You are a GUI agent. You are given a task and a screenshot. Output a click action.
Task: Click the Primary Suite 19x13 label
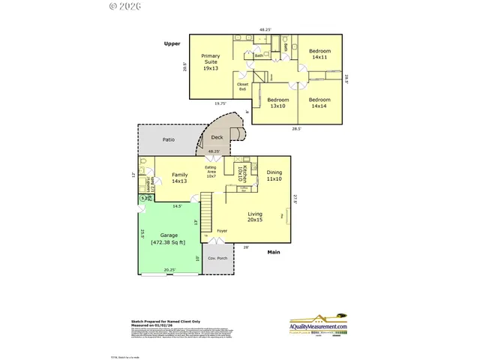pos(210,62)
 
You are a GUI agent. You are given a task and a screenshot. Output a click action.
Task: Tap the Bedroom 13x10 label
pos(277,102)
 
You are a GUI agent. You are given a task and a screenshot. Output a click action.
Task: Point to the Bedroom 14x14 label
pos(320,102)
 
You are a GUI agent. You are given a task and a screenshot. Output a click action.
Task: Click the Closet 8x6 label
pos(242,87)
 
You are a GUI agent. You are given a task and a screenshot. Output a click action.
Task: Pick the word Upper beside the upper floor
pos(172,44)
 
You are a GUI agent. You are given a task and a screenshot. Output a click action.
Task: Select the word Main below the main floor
pos(274,252)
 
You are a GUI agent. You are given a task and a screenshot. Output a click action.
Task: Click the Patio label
pos(170,140)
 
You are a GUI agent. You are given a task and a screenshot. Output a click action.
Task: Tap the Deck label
pos(217,137)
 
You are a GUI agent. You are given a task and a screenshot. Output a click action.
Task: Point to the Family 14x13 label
pos(179,177)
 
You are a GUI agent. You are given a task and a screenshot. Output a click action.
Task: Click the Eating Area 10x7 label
pos(211,173)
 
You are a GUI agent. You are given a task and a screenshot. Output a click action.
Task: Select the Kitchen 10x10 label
pos(241,175)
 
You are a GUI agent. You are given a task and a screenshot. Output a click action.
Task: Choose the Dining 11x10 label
pos(274,176)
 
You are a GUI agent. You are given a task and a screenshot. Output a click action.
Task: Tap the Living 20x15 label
pos(255,217)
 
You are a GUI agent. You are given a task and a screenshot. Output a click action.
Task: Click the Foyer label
pos(222,230)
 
